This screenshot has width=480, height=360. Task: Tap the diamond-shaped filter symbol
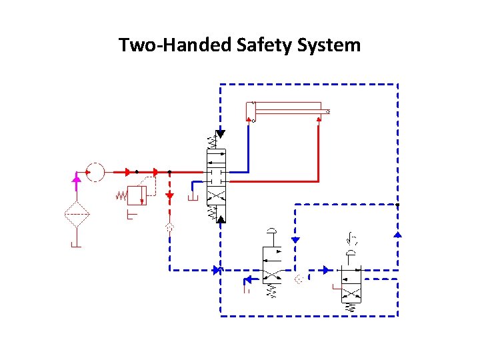(77, 215)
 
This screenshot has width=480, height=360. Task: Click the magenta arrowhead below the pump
(77, 178)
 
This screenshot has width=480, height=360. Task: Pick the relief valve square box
(137, 195)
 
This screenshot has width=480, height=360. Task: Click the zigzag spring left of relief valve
(121, 196)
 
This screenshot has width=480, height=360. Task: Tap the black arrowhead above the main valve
(221, 133)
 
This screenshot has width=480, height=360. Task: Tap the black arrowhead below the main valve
(221, 218)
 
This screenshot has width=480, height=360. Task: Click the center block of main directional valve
(216, 177)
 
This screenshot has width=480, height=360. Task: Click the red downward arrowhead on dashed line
(170, 196)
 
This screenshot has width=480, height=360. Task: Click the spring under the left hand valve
(272, 291)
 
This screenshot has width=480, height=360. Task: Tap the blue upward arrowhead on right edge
(398, 234)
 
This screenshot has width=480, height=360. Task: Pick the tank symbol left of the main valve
(193, 198)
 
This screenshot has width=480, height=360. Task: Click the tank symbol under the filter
(77, 245)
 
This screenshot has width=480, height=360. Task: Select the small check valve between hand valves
(299, 278)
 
